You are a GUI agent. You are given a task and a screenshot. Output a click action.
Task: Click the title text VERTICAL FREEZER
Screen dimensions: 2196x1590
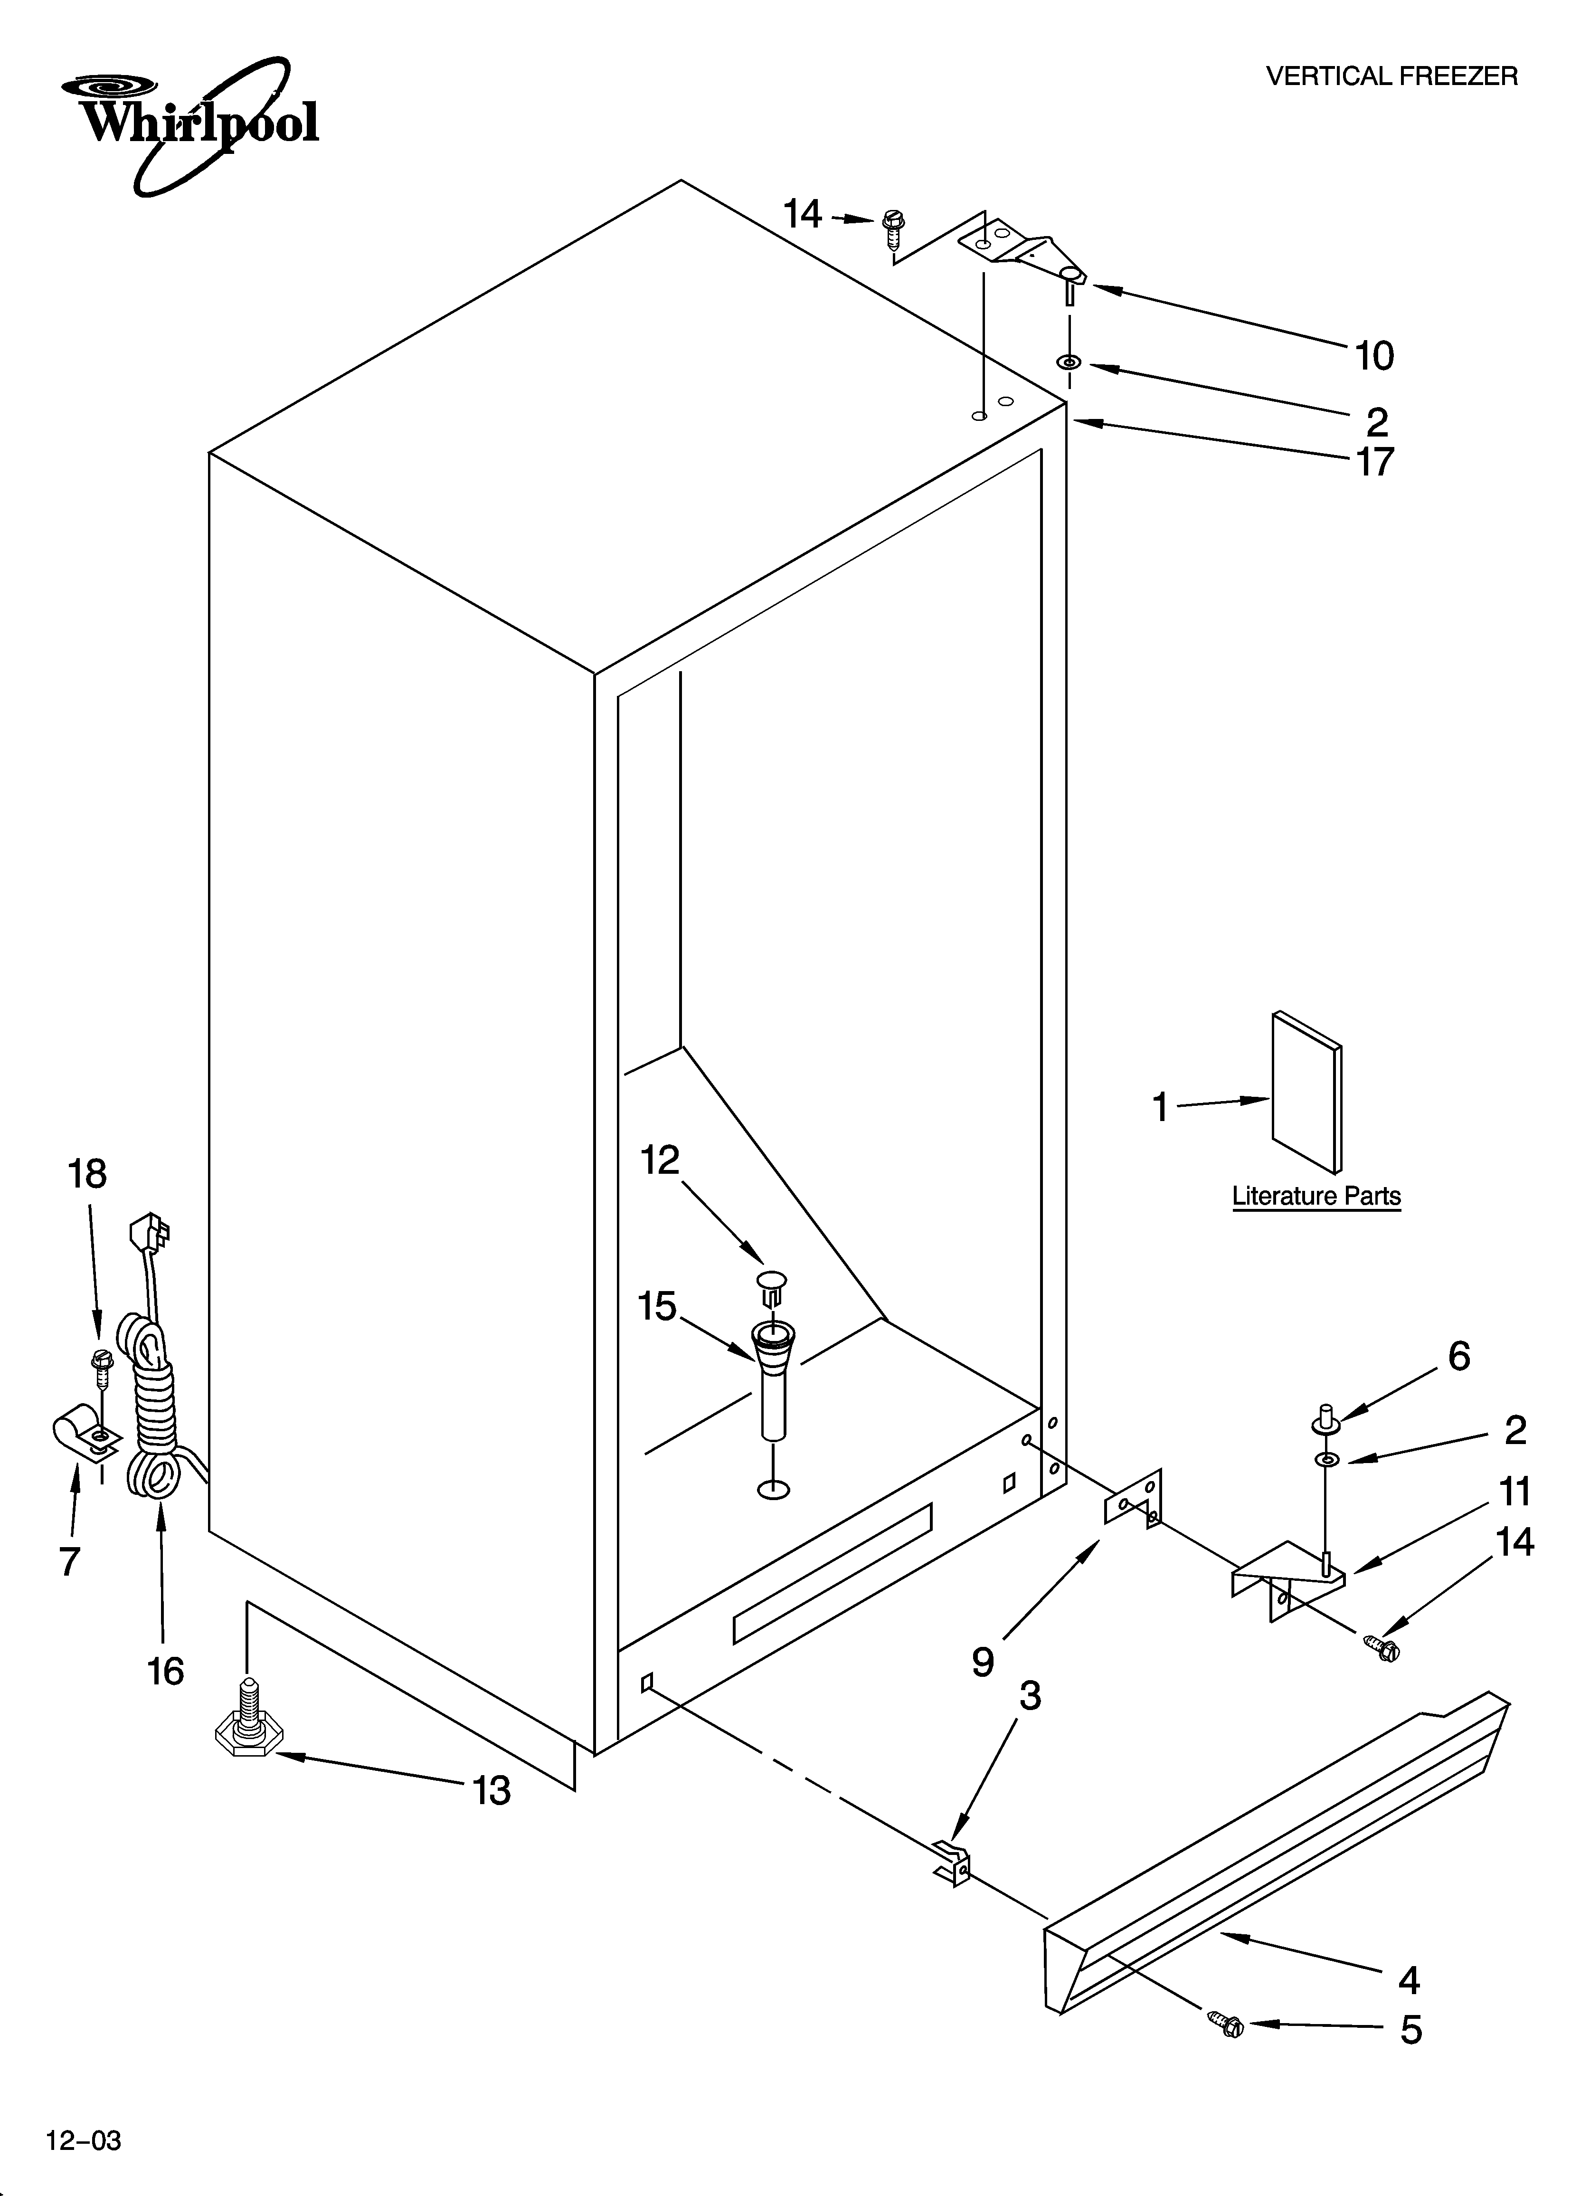point(1391,76)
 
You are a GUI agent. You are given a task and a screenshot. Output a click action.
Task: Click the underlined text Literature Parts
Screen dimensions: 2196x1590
point(1316,1196)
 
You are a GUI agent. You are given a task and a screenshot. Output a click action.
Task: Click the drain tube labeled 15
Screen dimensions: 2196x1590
point(772,1380)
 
